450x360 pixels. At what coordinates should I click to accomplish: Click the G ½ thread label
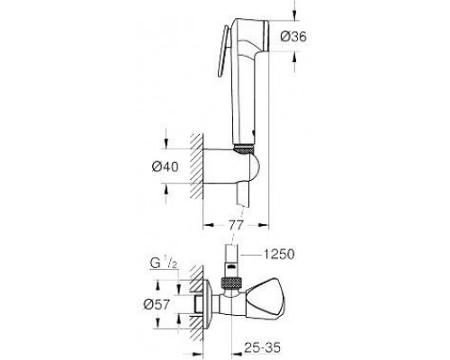(161, 265)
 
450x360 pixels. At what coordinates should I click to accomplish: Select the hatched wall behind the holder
(196, 166)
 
